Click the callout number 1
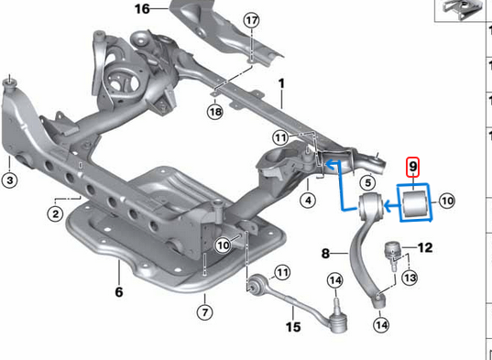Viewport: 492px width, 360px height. click(x=281, y=83)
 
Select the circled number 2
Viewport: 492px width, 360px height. click(x=57, y=213)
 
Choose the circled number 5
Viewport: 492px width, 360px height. click(x=366, y=181)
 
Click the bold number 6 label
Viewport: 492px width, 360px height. click(x=118, y=293)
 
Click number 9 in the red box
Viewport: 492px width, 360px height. click(x=413, y=167)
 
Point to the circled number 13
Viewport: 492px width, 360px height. click(x=410, y=278)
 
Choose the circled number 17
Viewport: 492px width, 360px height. click(x=251, y=19)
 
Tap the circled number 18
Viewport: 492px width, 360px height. click(x=214, y=112)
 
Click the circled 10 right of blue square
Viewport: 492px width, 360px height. click(x=448, y=200)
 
